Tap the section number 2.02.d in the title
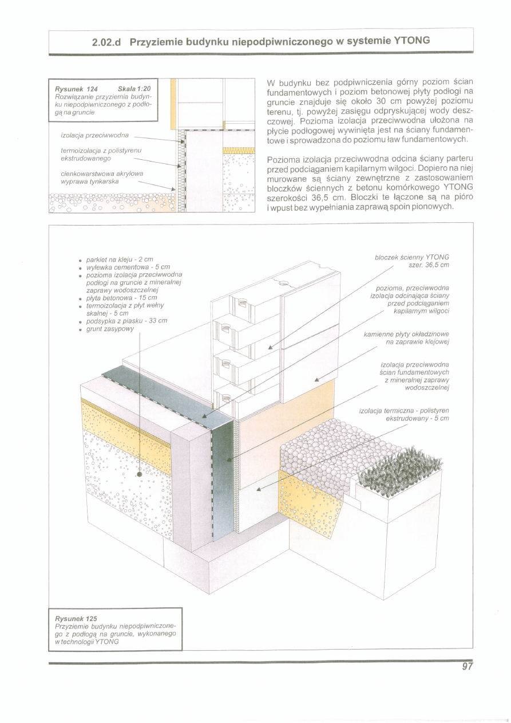tap(109, 42)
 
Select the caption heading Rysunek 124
tap(76, 89)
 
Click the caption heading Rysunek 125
tap(76, 619)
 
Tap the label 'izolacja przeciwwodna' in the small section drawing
tap(94, 135)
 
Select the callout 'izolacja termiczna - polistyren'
tap(404, 411)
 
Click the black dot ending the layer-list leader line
tap(140, 475)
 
